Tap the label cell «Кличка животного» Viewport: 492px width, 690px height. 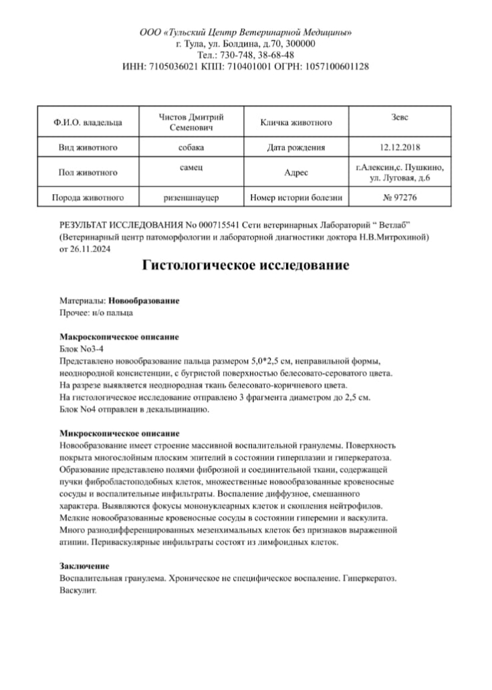[296, 122]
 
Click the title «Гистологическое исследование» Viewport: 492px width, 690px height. [246, 266]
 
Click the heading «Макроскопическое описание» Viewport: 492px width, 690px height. [119, 337]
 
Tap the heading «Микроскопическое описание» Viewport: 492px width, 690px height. [120, 434]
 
